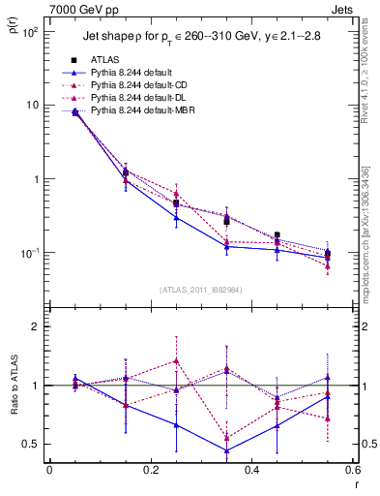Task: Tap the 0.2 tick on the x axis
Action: tap(150, 472)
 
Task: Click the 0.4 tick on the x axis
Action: tap(251, 472)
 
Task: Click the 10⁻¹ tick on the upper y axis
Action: tap(32, 253)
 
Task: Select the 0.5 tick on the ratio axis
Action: tap(35, 444)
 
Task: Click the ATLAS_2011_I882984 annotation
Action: tap(200, 289)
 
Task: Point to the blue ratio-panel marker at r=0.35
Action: tap(226, 450)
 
